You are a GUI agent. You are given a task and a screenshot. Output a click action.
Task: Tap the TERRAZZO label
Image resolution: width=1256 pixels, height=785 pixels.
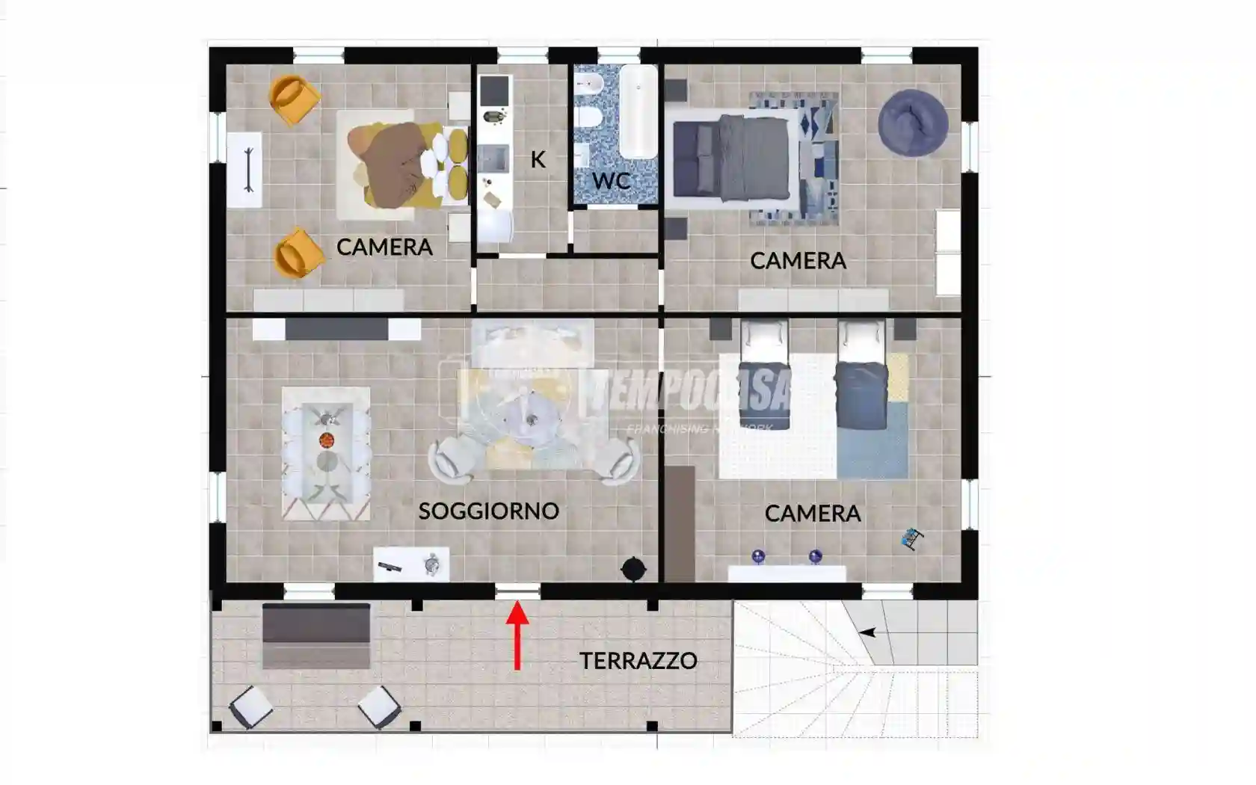pyautogui.click(x=638, y=661)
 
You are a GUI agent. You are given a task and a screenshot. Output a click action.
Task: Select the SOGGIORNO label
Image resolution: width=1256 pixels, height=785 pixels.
pyautogui.click(x=488, y=511)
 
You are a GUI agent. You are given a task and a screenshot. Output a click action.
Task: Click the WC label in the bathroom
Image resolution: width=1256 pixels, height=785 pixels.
pyautogui.click(x=611, y=181)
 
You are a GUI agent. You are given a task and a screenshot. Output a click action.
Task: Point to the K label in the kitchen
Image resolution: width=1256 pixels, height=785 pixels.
pyautogui.click(x=538, y=159)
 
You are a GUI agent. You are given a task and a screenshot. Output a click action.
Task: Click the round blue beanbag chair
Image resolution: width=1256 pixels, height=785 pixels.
pyautogui.click(x=913, y=123)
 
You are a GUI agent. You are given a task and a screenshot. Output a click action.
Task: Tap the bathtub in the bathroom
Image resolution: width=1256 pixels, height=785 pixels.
pyautogui.click(x=638, y=112)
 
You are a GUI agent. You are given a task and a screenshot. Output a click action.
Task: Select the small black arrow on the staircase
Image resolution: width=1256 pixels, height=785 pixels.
pyautogui.click(x=867, y=632)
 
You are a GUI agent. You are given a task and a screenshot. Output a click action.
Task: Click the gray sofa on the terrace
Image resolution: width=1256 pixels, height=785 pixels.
pyautogui.click(x=316, y=635)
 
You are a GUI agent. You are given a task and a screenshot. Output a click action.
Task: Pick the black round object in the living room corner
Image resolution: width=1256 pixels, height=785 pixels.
pyautogui.click(x=633, y=569)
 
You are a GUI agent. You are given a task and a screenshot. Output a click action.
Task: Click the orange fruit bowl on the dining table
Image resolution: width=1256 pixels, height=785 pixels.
pyautogui.click(x=327, y=440)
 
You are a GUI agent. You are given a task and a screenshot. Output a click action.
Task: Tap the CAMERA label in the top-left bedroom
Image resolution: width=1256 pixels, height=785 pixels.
pyautogui.click(x=384, y=247)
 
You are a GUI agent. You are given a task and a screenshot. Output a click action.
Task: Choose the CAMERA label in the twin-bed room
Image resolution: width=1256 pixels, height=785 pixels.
pyautogui.click(x=813, y=514)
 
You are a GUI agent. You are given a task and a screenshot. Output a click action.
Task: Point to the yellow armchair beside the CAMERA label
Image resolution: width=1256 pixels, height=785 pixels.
pyautogui.click(x=298, y=253)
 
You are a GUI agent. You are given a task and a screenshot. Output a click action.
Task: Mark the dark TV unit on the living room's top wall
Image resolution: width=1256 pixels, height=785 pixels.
pyautogui.click(x=336, y=330)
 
